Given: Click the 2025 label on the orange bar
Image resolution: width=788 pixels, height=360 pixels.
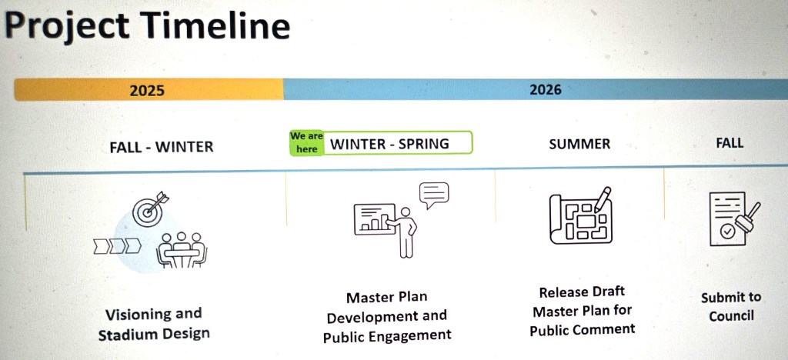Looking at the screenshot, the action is (x=147, y=90).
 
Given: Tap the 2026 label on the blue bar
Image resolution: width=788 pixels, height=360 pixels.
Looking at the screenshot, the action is (x=546, y=90).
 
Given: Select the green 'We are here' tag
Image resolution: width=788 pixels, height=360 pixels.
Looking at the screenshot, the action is (x=306, y=142).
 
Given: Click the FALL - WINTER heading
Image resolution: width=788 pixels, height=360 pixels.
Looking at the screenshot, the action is (x=162, y=147).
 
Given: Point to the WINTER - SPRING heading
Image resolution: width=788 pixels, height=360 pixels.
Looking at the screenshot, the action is (x=389, y=144).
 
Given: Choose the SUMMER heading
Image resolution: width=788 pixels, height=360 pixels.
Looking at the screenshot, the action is (x=579, y=144).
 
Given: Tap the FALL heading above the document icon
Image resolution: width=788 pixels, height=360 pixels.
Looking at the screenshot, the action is (x=730, y=142).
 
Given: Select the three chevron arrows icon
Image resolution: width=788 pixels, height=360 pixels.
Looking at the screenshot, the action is (x=117, y=246).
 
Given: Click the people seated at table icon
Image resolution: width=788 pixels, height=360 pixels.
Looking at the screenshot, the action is (x=182, y=250).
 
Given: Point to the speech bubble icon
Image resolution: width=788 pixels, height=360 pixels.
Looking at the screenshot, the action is (x=434, y=195).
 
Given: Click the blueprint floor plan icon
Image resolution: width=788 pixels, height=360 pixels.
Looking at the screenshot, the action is (x=581, y=219).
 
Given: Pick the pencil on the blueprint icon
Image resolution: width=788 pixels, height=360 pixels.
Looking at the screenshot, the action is (x=603, y=198).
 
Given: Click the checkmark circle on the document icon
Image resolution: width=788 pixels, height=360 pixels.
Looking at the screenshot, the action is (x=726, y=232).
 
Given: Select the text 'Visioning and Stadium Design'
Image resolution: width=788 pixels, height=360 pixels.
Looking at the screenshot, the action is (x=154, y=325).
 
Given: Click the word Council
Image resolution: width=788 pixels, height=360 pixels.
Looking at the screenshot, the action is (x=731, y=316).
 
